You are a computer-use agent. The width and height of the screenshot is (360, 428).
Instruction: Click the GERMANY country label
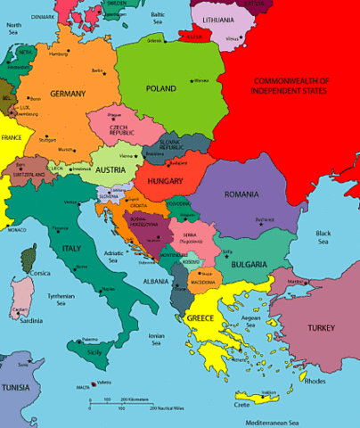point(68,94)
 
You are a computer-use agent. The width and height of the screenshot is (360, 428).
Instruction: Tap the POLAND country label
point(161,89)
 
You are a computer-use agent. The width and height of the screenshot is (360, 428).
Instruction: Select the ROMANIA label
point(241,194)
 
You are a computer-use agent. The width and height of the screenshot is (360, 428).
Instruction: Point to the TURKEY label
point(321,328)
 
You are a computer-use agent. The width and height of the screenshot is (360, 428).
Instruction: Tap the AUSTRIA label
point(110,169)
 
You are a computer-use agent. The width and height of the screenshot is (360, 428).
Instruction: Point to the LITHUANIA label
point(217,19)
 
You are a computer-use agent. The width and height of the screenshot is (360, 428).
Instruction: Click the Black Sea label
point(323,237)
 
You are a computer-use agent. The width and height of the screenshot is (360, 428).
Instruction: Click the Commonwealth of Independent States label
point(290,86)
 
